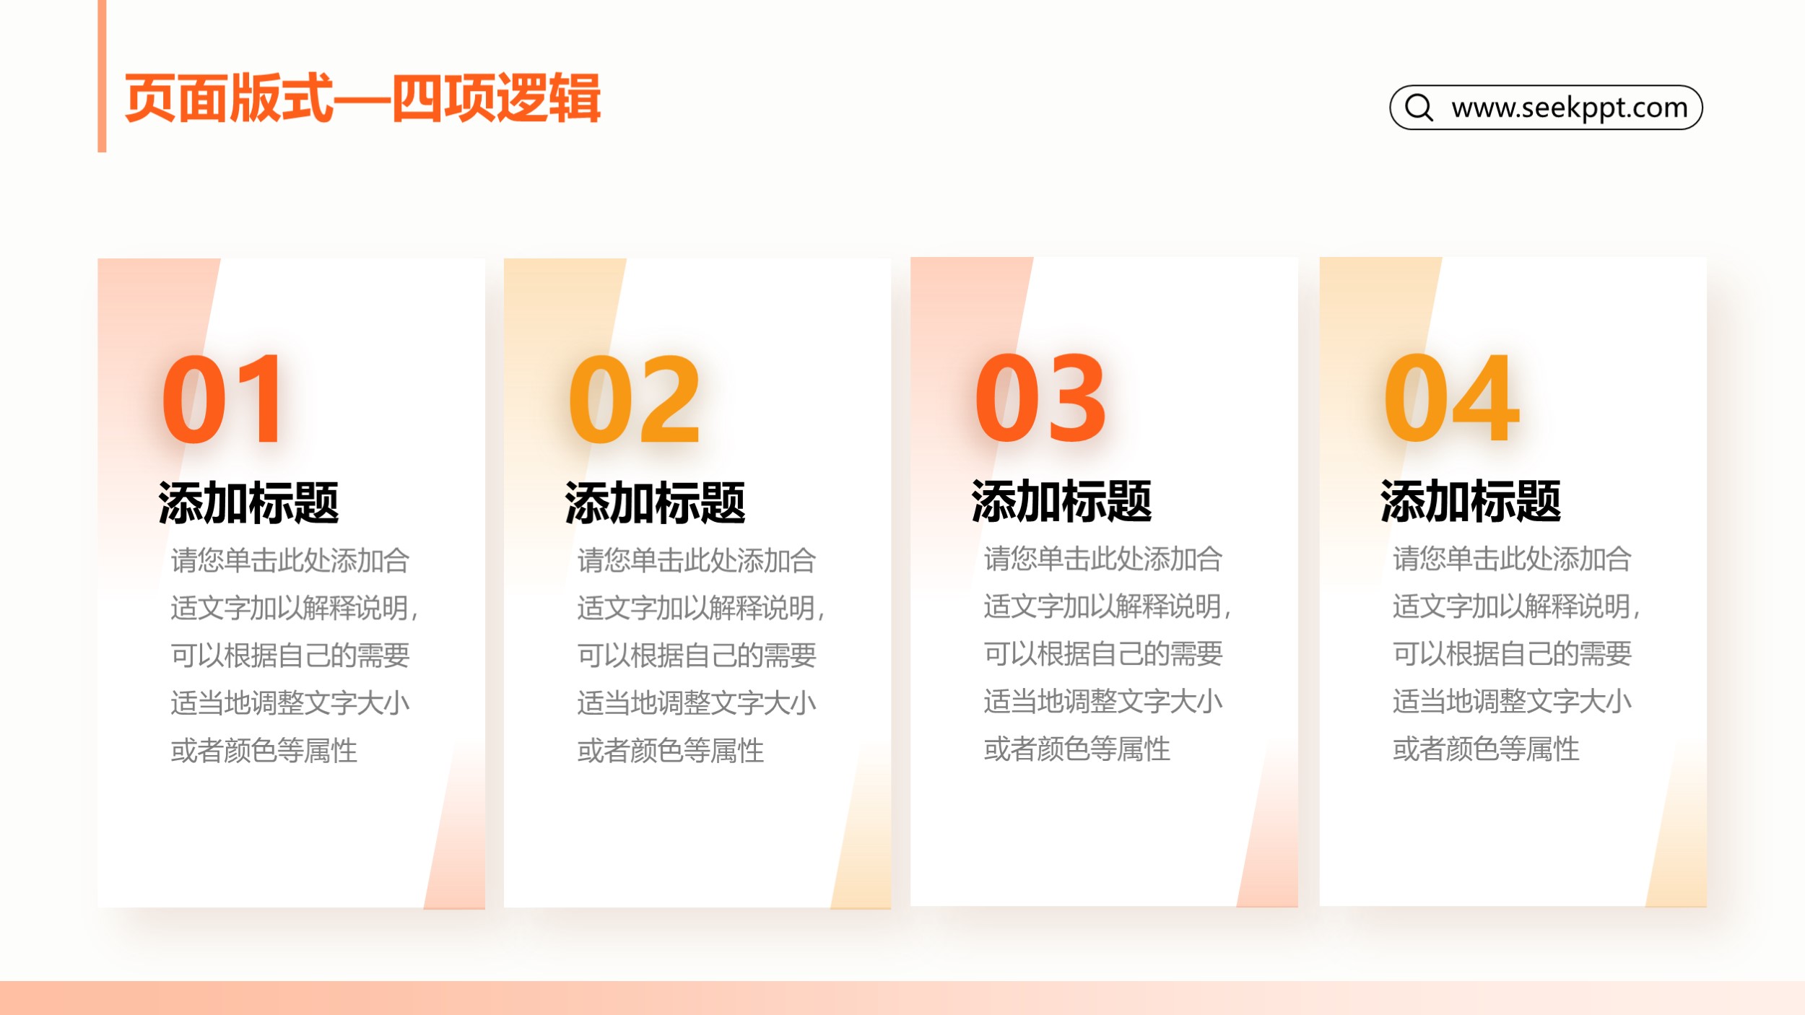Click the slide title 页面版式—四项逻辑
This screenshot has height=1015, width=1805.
point(362,98)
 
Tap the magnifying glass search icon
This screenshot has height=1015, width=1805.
point(1419,108)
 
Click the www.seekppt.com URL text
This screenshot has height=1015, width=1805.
point(1570,108)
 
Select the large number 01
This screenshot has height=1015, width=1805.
point(222,398)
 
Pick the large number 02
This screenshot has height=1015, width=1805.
point(634,398)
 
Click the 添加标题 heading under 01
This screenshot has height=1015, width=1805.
point(248,502)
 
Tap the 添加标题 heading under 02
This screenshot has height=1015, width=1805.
point(655,502)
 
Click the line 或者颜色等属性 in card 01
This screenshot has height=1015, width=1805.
point(264,751)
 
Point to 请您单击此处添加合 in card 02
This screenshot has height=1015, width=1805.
point(696,560)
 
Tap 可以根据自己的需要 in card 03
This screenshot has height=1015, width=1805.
point(1102,654)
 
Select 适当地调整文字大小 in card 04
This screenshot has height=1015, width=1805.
point(1512,702)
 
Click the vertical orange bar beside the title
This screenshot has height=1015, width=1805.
point(102,76)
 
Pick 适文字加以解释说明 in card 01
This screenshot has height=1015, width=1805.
point(290,608)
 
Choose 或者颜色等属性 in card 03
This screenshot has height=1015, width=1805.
point(1077,749)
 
